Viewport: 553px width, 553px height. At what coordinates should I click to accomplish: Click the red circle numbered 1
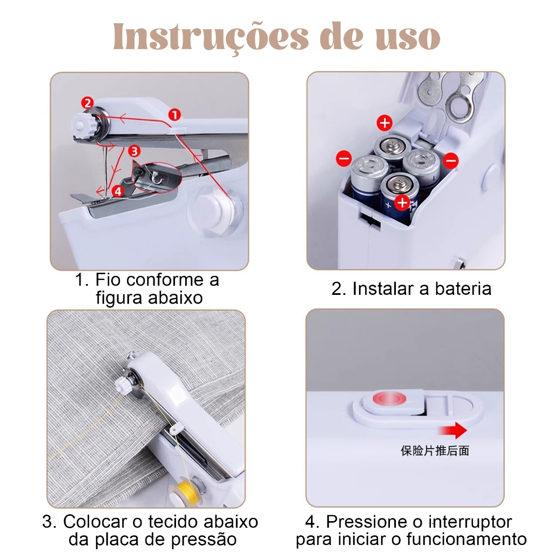pyautogui.click(x=174, y=114)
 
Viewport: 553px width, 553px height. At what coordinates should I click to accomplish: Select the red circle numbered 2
pyautogui.click(x=87, y=103)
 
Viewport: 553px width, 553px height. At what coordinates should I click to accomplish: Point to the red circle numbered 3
pyautogui.click(x=134, y=151)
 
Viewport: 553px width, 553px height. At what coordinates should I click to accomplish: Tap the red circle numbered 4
pyautogui.click(x=118, y=192)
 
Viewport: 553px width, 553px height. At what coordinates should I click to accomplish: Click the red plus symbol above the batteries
pyautogui.click(x=385, y=123)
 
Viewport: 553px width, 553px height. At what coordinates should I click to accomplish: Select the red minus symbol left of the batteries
pyautogui.click(x=343, y=158)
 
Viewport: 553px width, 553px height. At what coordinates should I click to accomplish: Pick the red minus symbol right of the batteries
pyautogui.click(x=451, y=161)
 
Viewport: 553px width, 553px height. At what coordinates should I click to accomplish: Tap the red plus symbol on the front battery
pyautogui.click(x=402, y=203)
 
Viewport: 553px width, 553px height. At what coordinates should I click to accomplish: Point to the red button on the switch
pyautogui.click(x=389, y=399)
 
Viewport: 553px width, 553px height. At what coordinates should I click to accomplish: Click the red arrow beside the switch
pyautogui.click(x=452, y=430)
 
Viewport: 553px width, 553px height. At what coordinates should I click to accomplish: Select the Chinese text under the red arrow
pyautogui.click(x=435, y=451)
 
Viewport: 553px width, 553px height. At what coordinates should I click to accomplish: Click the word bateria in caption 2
pyautogui.click(x=463, y=289)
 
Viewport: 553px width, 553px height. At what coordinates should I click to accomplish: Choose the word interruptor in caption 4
pyautogui.click(x=470, y=522)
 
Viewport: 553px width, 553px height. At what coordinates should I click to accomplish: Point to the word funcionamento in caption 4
pyautogui.click(x=467, y=539)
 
